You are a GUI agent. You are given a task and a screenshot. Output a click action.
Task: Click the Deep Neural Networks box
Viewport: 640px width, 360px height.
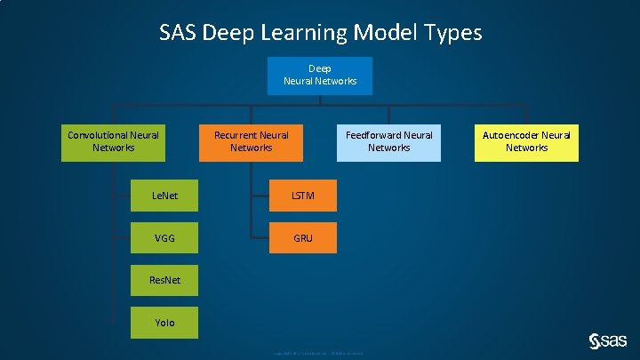tap(320, 76)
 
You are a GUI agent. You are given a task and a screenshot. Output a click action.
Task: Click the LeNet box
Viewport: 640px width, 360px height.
tap(165, 194)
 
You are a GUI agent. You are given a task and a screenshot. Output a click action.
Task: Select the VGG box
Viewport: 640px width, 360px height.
tap(165, 237)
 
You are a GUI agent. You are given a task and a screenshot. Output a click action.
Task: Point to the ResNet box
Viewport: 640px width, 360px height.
tap(165, 280)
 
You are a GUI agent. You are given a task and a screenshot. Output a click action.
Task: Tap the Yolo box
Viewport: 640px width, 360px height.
tap(165, 323)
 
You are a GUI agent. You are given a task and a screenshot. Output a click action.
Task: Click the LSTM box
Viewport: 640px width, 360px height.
tap(303, 194)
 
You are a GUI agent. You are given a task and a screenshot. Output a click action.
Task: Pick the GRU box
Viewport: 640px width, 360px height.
tap(303, 237)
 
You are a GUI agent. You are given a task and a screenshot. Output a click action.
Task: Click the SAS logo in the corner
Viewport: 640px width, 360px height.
tap(608, 340)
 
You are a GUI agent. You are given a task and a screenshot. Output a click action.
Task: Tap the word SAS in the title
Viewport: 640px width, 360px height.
tap(178, 34)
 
